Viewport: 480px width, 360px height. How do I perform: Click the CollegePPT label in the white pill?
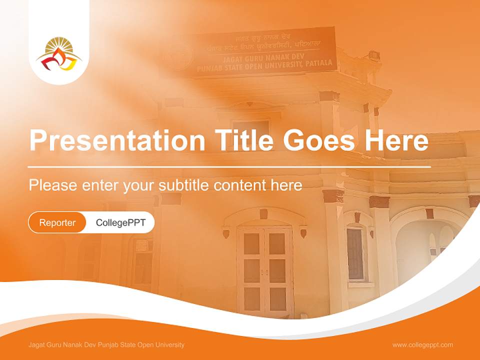coord(120,222)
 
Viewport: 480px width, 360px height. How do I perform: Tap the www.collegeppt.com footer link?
coord(422,344)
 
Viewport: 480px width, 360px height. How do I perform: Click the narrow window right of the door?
coord(355,253)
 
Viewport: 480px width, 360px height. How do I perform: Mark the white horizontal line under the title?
coord(229,166)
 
